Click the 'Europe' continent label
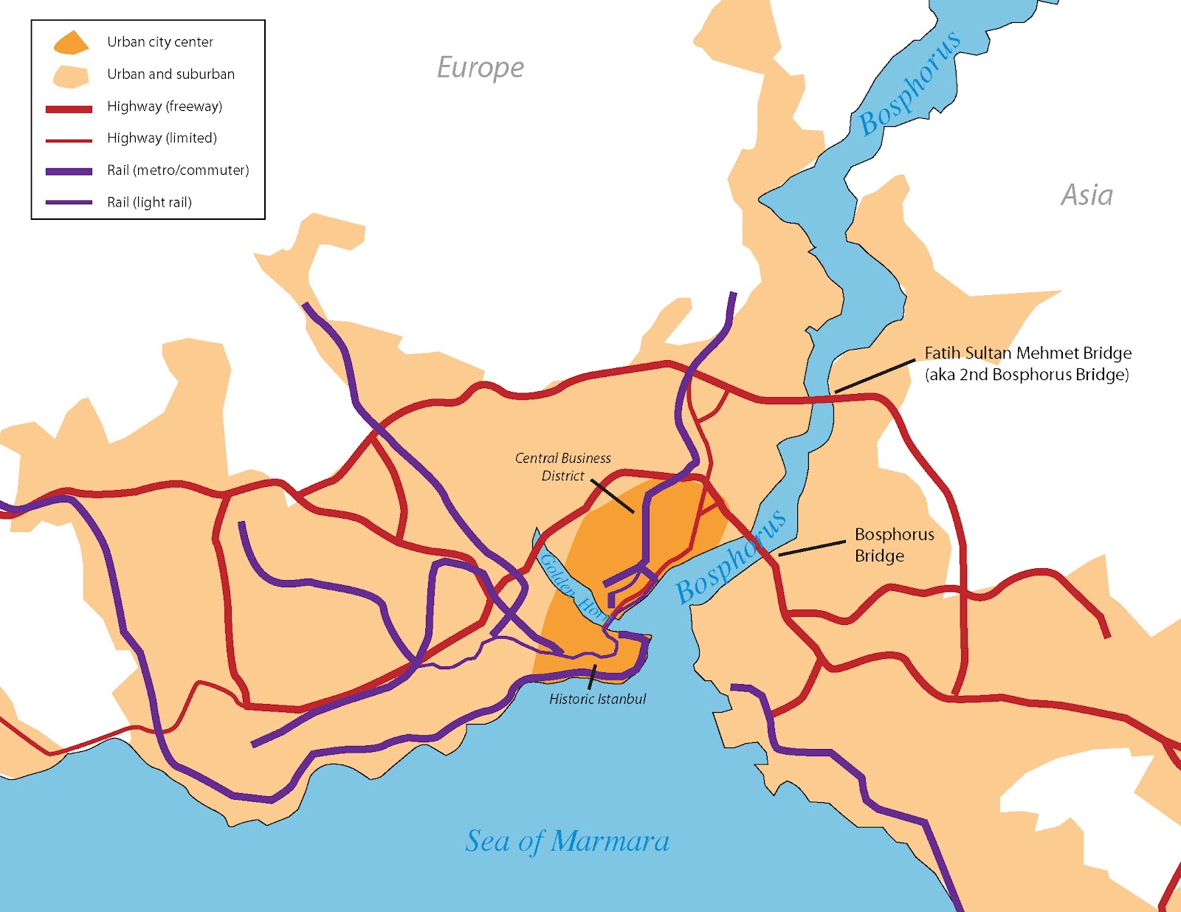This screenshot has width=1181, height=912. pos(481,68)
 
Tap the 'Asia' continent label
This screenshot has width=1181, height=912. pos(1087,196)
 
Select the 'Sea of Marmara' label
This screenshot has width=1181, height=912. pos(567,841)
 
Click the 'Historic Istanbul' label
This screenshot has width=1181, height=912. pos(597,699)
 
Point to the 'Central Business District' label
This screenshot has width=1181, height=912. pos(562,467)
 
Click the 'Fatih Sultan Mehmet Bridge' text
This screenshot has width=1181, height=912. pos(1027,353)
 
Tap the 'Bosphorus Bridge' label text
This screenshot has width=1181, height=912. pos(894,545)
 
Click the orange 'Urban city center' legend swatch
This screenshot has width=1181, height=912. pos(70,43)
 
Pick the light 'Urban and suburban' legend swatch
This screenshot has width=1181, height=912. pos(70,75)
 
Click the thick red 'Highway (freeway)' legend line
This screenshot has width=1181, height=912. pos(69,109)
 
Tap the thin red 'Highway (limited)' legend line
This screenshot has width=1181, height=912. pos(69,140)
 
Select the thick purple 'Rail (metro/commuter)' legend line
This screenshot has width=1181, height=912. pos(69,171)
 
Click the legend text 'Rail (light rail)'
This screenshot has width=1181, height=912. pos(149,202)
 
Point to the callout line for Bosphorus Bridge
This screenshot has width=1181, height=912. pos(812,548)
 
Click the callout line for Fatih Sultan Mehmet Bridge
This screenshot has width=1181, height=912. pos(875,376)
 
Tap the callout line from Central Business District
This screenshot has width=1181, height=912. pos(612,496)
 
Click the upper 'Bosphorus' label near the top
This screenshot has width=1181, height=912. pos(909,83)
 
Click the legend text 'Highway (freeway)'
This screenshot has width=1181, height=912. pos(165,106)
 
